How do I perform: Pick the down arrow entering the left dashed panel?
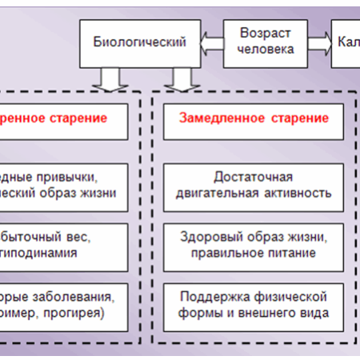pos(105,78)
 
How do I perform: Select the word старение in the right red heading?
pos(295,118)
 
